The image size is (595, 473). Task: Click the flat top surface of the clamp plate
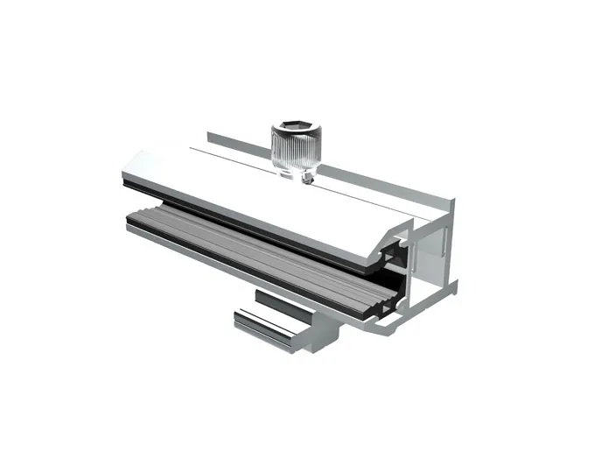(262, 197)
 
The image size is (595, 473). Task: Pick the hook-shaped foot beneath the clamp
(271, 328)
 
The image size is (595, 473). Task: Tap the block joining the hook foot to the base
(329, 329)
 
